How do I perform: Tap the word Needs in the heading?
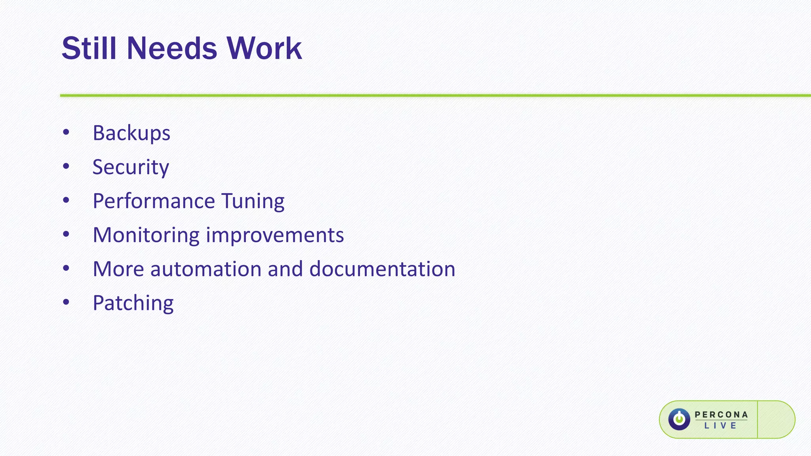[x=172, y=48]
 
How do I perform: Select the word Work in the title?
[x=264, y=48]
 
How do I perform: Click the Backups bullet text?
[x=131, y=133]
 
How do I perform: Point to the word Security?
[x=131, y=167]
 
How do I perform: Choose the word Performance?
[x=154, y=201]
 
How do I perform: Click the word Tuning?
[x=253, y=201]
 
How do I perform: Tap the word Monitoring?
[x=146, y=235]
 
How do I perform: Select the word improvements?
[x=275, y=235]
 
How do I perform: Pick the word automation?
[x=206, y=269]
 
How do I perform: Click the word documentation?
[x=382, y=269]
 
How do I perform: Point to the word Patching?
[x=133, y=303]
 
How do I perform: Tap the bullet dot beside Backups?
[x=66, y=133]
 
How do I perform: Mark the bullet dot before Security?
[x=66, y=167]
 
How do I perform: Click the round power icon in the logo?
[x=679, y=419]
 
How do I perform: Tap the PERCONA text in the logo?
[x=721, y=414]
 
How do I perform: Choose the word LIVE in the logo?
[x=720, y=426]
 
